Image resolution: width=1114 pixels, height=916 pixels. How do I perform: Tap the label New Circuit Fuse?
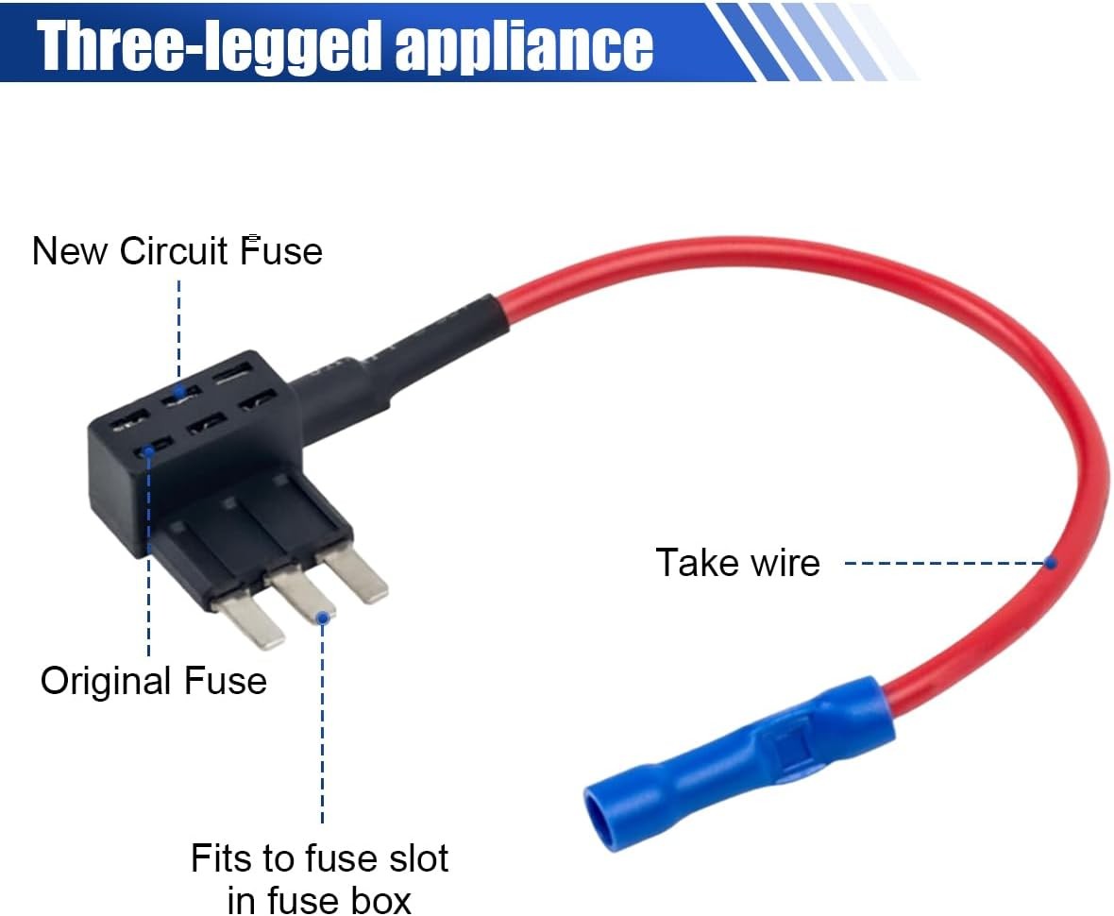[x=177, y=251]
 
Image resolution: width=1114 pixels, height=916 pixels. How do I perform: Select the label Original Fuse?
[x=154, y=681]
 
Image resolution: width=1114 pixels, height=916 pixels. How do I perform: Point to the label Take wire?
[x=737, y=563]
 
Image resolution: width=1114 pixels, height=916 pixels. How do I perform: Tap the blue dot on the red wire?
[x=1051, y=563]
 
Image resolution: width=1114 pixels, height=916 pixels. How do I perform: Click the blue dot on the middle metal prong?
[x=323, y=617]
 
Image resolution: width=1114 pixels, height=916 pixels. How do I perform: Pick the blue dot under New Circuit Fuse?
[x=179, y=388]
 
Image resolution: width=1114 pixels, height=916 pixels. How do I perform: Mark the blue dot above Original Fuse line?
[x=148, y=451]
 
